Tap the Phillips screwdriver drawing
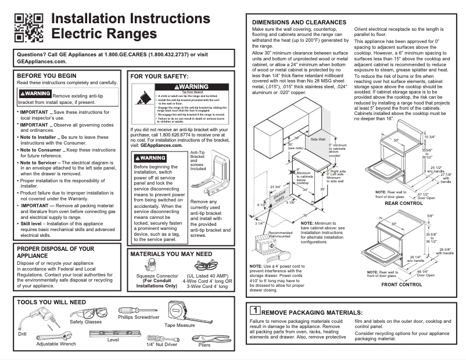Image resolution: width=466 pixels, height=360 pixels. click(x=134, y=309)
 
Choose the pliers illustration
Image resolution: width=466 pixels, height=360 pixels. click(x=204, y=339)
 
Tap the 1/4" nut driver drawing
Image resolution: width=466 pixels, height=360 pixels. click(x=160, y=338)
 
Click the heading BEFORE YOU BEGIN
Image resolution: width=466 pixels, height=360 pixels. click(x=46, y=75)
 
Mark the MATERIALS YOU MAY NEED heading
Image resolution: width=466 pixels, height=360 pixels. click(x=171, y=254)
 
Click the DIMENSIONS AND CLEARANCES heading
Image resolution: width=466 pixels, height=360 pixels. click(x=299, y=22)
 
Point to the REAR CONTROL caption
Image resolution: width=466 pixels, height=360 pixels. click(x=403, y=203)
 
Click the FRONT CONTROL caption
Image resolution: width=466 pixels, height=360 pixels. click(x=402, y=285)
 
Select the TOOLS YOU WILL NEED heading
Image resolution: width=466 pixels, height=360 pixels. click(x=52, y=303)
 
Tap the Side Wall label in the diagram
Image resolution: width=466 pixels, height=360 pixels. click(x=318, y=139)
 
